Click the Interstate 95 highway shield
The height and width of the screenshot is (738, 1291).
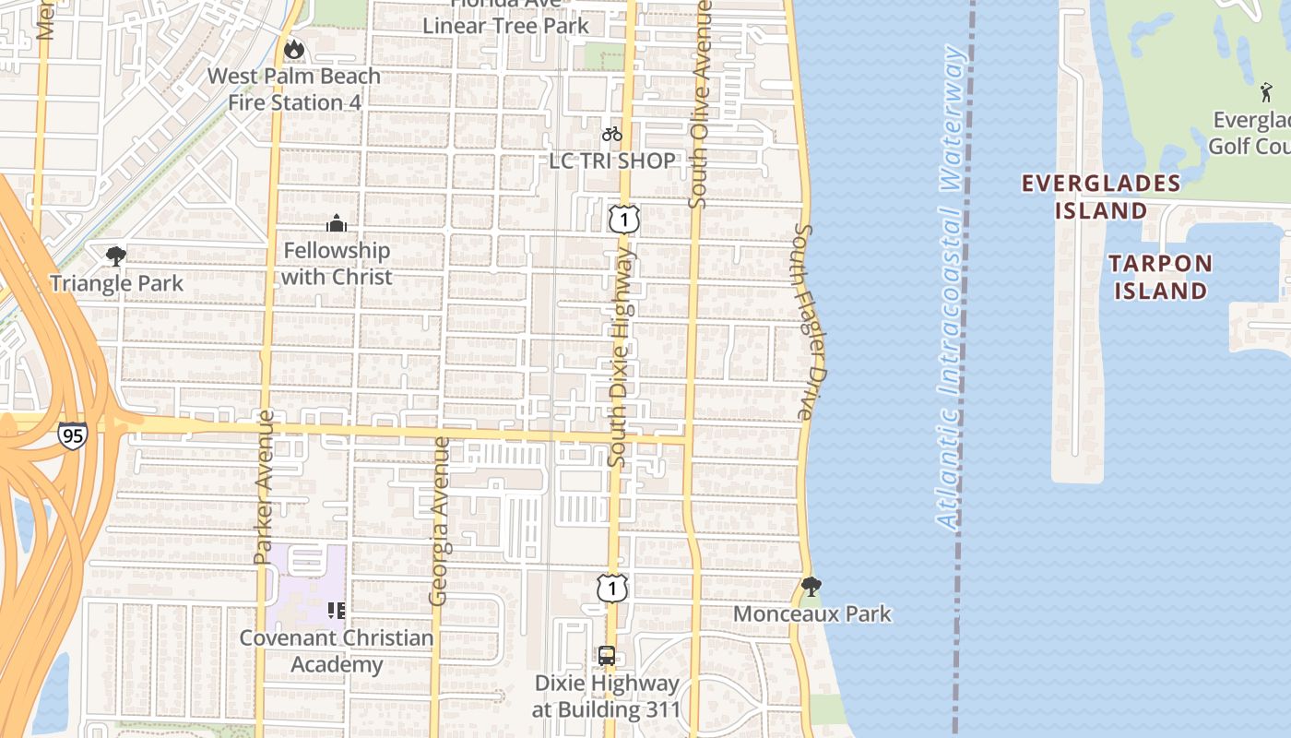point(73,435)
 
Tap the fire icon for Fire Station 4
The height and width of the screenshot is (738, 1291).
point(294,48)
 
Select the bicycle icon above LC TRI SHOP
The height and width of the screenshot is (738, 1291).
point(611,134)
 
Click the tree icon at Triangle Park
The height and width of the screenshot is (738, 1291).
point(116,256)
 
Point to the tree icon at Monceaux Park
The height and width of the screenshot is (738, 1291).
point(811,586)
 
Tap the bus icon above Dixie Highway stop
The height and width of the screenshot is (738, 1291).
point(607,656)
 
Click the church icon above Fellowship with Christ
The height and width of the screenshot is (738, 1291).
point(337,223)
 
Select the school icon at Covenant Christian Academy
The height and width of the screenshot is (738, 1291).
point(337,610)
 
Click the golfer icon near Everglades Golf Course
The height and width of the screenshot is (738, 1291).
point(1266,92)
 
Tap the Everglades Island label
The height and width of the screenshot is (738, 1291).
point(1101,196)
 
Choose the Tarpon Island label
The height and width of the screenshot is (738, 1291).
point(1160,277)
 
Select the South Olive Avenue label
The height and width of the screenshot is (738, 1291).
point(700,103)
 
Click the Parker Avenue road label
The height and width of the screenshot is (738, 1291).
point(264,486)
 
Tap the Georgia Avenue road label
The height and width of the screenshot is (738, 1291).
point(440,521)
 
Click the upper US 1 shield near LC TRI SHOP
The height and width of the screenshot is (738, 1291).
point(624,220)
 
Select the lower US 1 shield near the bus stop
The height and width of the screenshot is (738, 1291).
point(611,588)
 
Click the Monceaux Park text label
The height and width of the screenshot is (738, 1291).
point(812,613)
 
